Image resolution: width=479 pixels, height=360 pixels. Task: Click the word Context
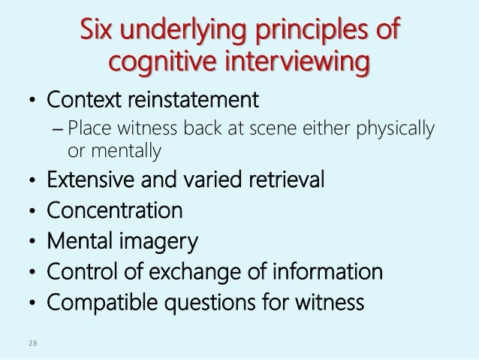pyautogui.click(x=80, y=99)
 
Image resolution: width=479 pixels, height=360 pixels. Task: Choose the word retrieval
pyautogui.click(x=288, y=181)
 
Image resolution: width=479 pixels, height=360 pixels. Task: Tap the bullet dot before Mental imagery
pyautogui.click(x=31, y=244)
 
